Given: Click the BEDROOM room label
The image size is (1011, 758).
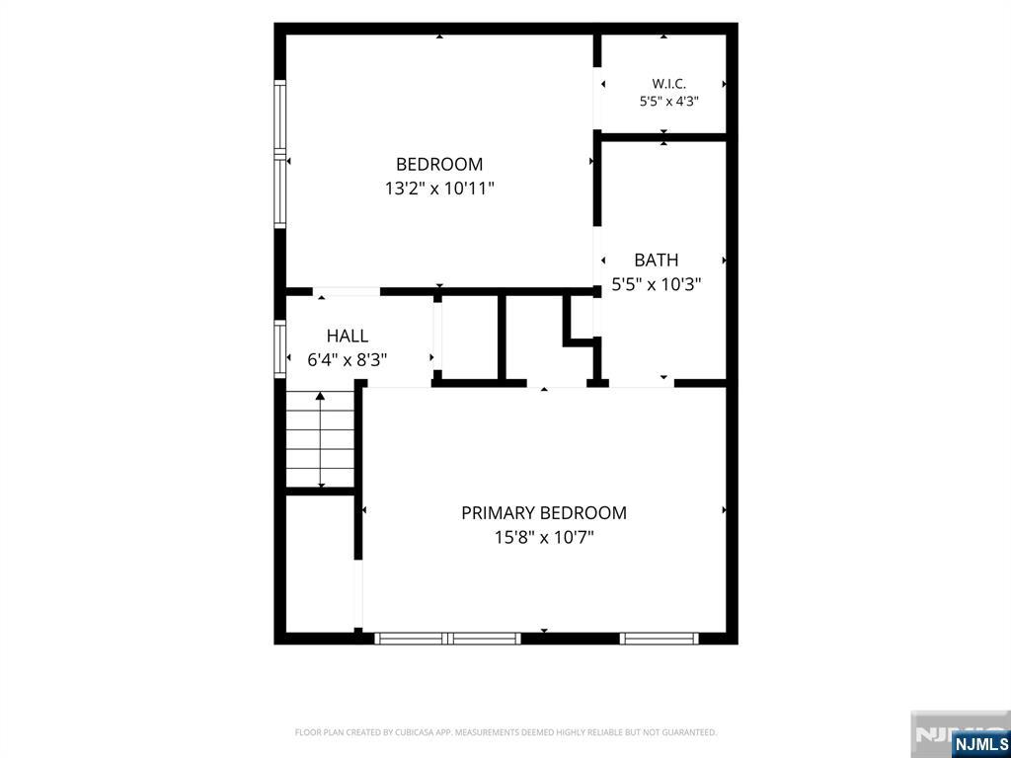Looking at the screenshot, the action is coord(439,165).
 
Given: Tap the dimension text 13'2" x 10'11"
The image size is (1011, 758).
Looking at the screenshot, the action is coord(439,189).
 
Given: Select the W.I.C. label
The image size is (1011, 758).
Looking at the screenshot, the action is coord(668,84).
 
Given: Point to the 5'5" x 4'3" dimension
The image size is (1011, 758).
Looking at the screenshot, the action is coord(668,102).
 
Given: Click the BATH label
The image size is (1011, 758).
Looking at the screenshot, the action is coord(657,260).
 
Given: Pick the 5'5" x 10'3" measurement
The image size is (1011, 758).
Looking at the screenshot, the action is coord(657,284).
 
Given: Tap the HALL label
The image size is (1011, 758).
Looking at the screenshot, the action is coord(348,336).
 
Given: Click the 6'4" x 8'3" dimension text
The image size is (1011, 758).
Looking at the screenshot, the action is coord(348,359).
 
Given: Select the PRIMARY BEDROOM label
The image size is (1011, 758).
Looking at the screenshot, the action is coord(544,513).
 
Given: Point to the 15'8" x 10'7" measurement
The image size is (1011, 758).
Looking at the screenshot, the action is coord(544,537).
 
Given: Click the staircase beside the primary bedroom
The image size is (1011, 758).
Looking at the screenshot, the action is coord(321,439).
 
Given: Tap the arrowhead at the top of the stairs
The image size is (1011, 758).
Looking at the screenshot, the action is coord(321,396).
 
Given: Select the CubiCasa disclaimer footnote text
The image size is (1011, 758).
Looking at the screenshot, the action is coord(505,732).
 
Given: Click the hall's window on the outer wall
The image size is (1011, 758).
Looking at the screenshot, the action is coord(279,348).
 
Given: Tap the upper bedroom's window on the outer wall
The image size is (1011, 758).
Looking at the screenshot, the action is coord(279,154).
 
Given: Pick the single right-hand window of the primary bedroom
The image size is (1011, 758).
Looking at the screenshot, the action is coord(659,639).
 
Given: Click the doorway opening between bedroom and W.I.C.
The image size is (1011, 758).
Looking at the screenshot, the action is coord(597,99).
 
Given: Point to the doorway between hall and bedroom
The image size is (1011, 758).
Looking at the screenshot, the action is coord(347,292).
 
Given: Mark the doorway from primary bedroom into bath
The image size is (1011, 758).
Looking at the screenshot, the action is coord(642,383).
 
